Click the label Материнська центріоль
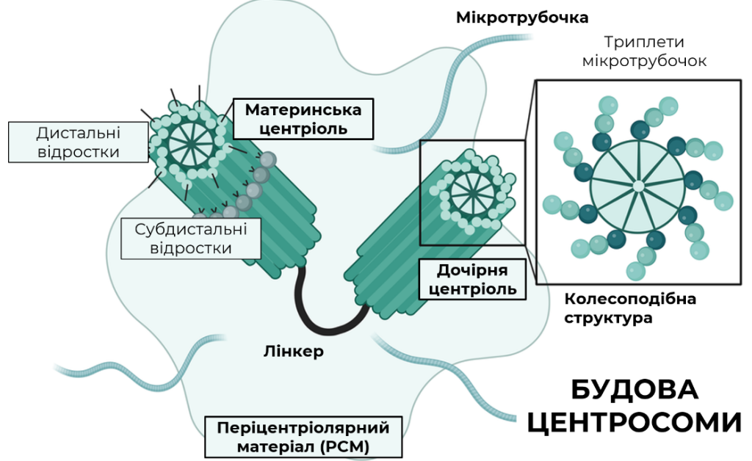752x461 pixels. point(303,120)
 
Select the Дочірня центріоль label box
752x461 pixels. point(472,280)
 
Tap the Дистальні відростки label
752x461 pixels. point(78,142)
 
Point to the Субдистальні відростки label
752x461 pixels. point(191,239)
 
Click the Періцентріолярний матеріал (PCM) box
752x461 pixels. point(303,437)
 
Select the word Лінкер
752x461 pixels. point(294,352)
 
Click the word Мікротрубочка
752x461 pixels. point(522,18)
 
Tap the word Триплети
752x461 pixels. point(643,42)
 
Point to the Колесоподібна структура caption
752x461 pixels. point(629,308)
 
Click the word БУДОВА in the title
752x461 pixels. point(634,389)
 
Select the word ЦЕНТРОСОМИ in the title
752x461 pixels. point(634,422)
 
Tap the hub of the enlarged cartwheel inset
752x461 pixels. point(638,186)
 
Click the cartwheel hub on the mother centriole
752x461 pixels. point(190,142)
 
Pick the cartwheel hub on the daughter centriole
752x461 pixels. point(472,192)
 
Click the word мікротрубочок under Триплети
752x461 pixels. point(644,61)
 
